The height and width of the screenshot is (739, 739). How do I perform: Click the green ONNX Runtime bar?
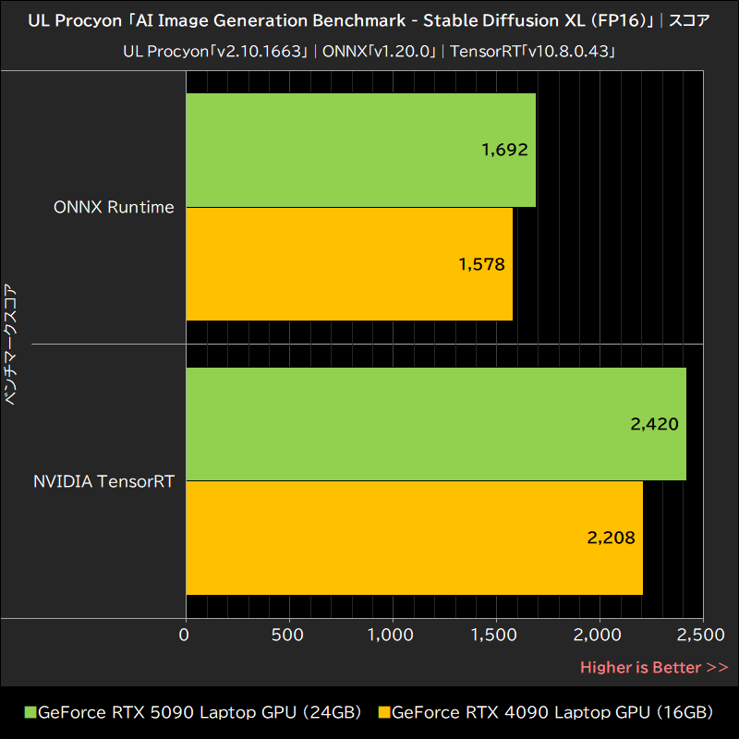[x=360, y=150]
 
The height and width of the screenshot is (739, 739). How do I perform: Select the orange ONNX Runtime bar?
[x=349, y=264]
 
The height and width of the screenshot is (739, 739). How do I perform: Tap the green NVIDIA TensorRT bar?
[x=435, y=424]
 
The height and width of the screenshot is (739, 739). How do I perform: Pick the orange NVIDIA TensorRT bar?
[x=414, y=538]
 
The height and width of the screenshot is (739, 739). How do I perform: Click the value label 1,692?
[x=504, y=150]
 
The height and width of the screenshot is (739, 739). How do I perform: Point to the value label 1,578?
[x=481, y=264]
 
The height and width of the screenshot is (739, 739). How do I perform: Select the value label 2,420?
[x=654, y=424]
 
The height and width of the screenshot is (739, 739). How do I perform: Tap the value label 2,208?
[x=611, y=538]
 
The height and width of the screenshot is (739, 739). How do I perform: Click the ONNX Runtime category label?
[x=114, y=207]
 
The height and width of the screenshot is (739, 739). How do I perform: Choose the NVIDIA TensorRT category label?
[x=103, y=481]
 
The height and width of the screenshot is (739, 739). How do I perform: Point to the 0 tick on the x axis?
[x=185, y=636]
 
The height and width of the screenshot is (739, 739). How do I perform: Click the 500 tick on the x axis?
[x=290, y=636]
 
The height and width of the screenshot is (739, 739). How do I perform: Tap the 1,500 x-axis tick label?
[x=495, y=636]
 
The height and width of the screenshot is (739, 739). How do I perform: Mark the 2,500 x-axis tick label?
[x=701, y=636]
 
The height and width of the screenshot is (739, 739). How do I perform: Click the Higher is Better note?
[x=653, y=667]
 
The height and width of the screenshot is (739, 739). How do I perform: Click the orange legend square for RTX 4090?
[x=384, y=713]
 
